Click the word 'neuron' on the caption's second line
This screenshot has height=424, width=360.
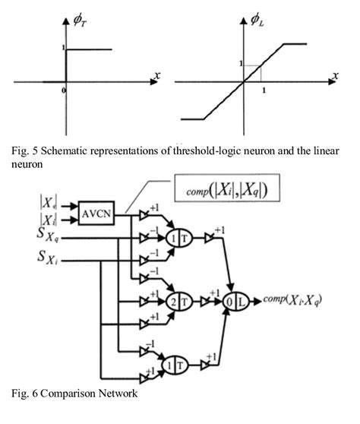click(x=25, y=162)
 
